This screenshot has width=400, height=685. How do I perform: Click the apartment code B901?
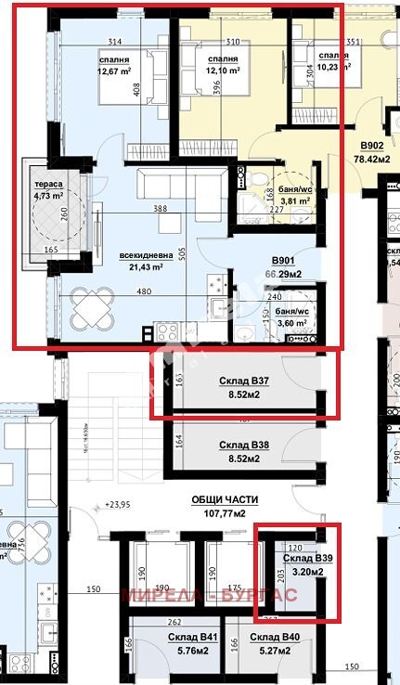(x=283, y=262)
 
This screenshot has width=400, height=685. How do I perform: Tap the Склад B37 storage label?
(x=246, y=381)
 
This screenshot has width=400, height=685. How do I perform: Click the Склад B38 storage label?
(x=246, y=446)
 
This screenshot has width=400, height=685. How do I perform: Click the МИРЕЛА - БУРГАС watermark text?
(x=209, y=595)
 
